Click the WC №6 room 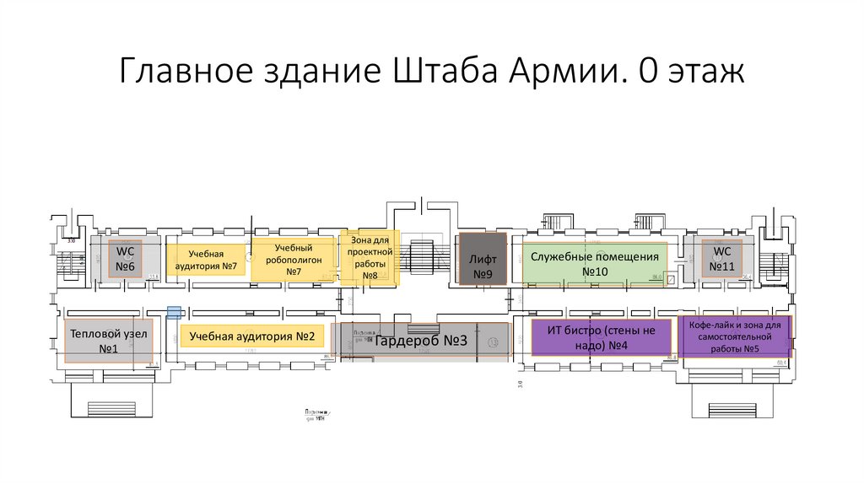coord(127,260)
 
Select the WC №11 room coord(722,260)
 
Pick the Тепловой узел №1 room coord(108,341)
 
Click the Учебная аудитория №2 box coord(251,336)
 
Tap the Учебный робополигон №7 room coord(294,260)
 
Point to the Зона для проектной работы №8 coord(370,258)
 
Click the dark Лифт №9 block coord(482,261)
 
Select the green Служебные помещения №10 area coord(594,263)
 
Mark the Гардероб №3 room coord(420,341)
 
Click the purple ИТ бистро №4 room coord(601,338)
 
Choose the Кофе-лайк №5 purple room coord(734,336)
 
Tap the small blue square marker coord(174,313)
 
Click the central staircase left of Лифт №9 coord(419,253)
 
